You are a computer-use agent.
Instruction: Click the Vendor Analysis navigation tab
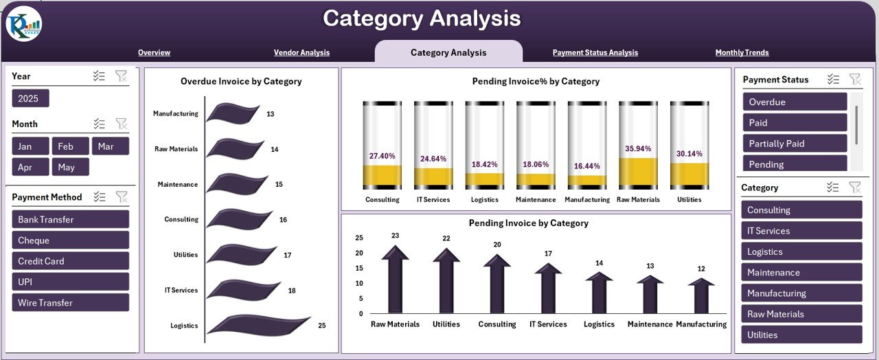pos(301,53)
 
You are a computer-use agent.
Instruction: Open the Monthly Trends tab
pos(742,53)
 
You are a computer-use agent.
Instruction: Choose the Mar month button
pos(110,146)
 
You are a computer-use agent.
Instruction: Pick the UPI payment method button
pos(70,282)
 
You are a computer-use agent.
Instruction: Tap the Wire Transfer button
pos(70,303)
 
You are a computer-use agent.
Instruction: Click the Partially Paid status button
pos(795,144)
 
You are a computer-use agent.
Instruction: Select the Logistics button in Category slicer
pos(801,252)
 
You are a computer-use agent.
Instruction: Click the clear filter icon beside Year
pos(121,76)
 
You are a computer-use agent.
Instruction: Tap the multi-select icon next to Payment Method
pos(100,197)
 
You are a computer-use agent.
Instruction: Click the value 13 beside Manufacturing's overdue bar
pos(271,114)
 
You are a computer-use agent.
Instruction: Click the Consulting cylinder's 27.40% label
pos(382,156)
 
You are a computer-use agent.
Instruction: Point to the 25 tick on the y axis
pos(359,238)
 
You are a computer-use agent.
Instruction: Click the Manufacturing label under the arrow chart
pos(701,324)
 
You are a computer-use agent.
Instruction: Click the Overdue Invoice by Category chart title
pos(241,82)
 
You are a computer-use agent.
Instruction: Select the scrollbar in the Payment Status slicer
pos(856,125)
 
